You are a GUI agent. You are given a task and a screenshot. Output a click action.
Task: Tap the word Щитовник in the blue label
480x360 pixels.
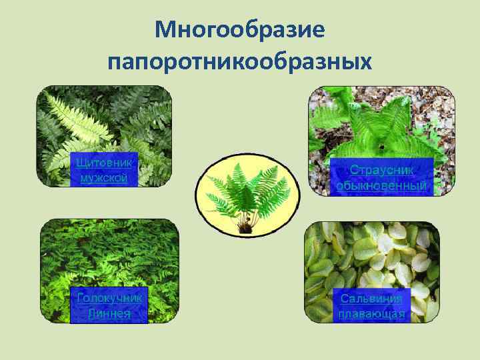pyautogui.click(x=104, y=162)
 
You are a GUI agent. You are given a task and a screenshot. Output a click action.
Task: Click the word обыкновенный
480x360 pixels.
pyautogui.click(x=384, y=186)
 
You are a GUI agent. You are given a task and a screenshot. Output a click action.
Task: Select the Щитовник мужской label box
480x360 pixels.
pyautogui.click(x=104, y=170)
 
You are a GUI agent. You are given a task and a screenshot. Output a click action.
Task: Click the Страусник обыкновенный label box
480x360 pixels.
pyautogui.click(x=384, y=178)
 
